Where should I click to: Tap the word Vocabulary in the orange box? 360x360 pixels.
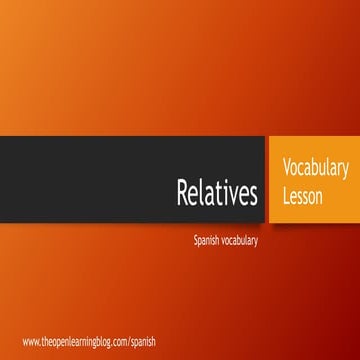pyautogui.click(x=314, y=165)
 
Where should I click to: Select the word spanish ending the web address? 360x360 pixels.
pyautogui.click(x=143, y=342)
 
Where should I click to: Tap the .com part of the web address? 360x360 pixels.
pyautogui.click(x=118, y=341)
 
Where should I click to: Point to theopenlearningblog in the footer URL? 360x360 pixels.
pyautogui.click(x=75, y=341)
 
